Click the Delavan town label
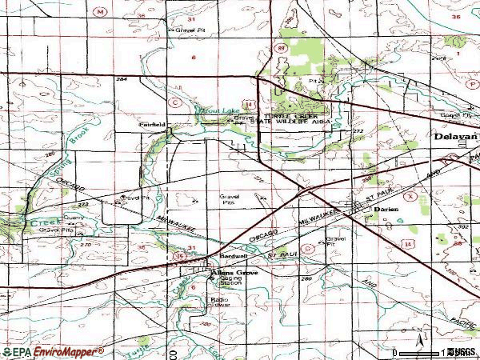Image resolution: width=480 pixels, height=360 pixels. click(457, 137)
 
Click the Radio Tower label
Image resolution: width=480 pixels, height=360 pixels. click(220, 302)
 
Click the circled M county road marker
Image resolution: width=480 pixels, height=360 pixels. click(100, 12)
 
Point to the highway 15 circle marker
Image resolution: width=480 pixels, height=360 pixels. click(181, 255)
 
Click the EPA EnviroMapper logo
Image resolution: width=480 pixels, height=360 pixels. click(52, 352)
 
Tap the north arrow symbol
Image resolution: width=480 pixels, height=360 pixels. click(417, 336)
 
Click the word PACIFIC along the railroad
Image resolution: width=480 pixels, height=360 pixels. click(462, 320)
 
